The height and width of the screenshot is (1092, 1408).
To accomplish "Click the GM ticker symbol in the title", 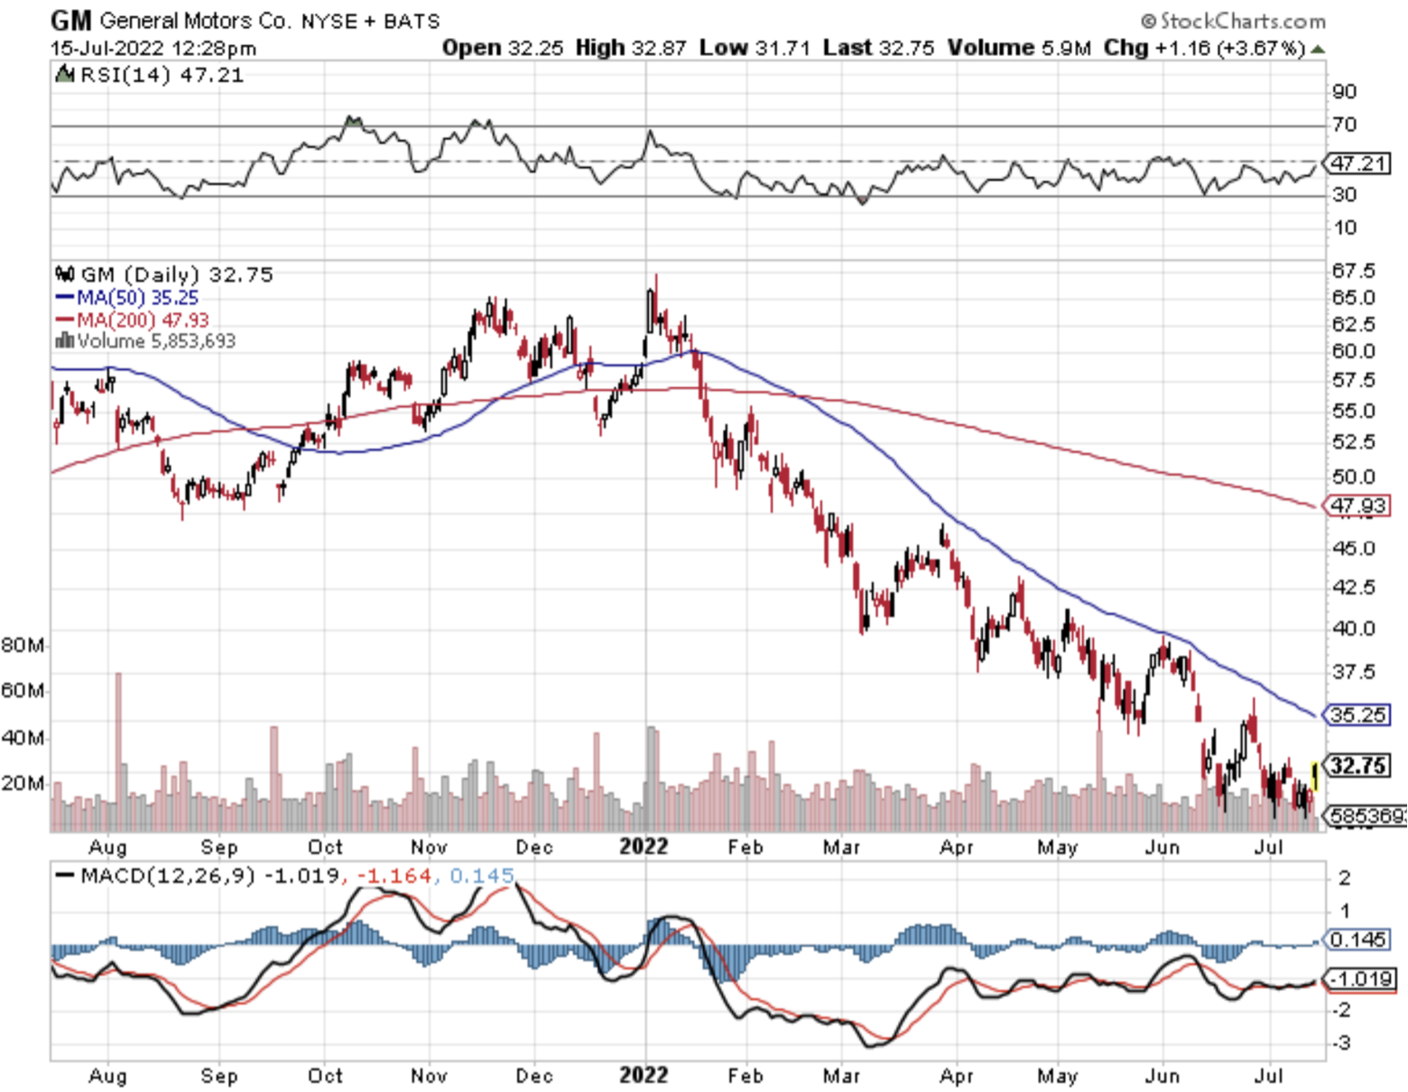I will pos(71,20).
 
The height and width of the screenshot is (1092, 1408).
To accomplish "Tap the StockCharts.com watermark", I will pos(1233,21).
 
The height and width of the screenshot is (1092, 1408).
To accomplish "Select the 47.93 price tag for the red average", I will pos(1357,505).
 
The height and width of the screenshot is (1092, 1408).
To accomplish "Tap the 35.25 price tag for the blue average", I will pos(1357,715).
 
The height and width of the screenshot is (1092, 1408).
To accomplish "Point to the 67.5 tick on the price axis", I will pos(1354,271).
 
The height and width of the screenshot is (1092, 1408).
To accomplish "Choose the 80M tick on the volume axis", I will pos(23,645).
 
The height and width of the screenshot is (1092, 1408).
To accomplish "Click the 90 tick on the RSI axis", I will pos(1344,91).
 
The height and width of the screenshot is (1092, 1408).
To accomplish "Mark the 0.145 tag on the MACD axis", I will pos(1357,939).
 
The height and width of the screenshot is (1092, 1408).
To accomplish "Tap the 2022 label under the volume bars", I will pos(644,847).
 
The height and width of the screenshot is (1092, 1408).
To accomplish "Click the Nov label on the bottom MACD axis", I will pos(429,1076).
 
